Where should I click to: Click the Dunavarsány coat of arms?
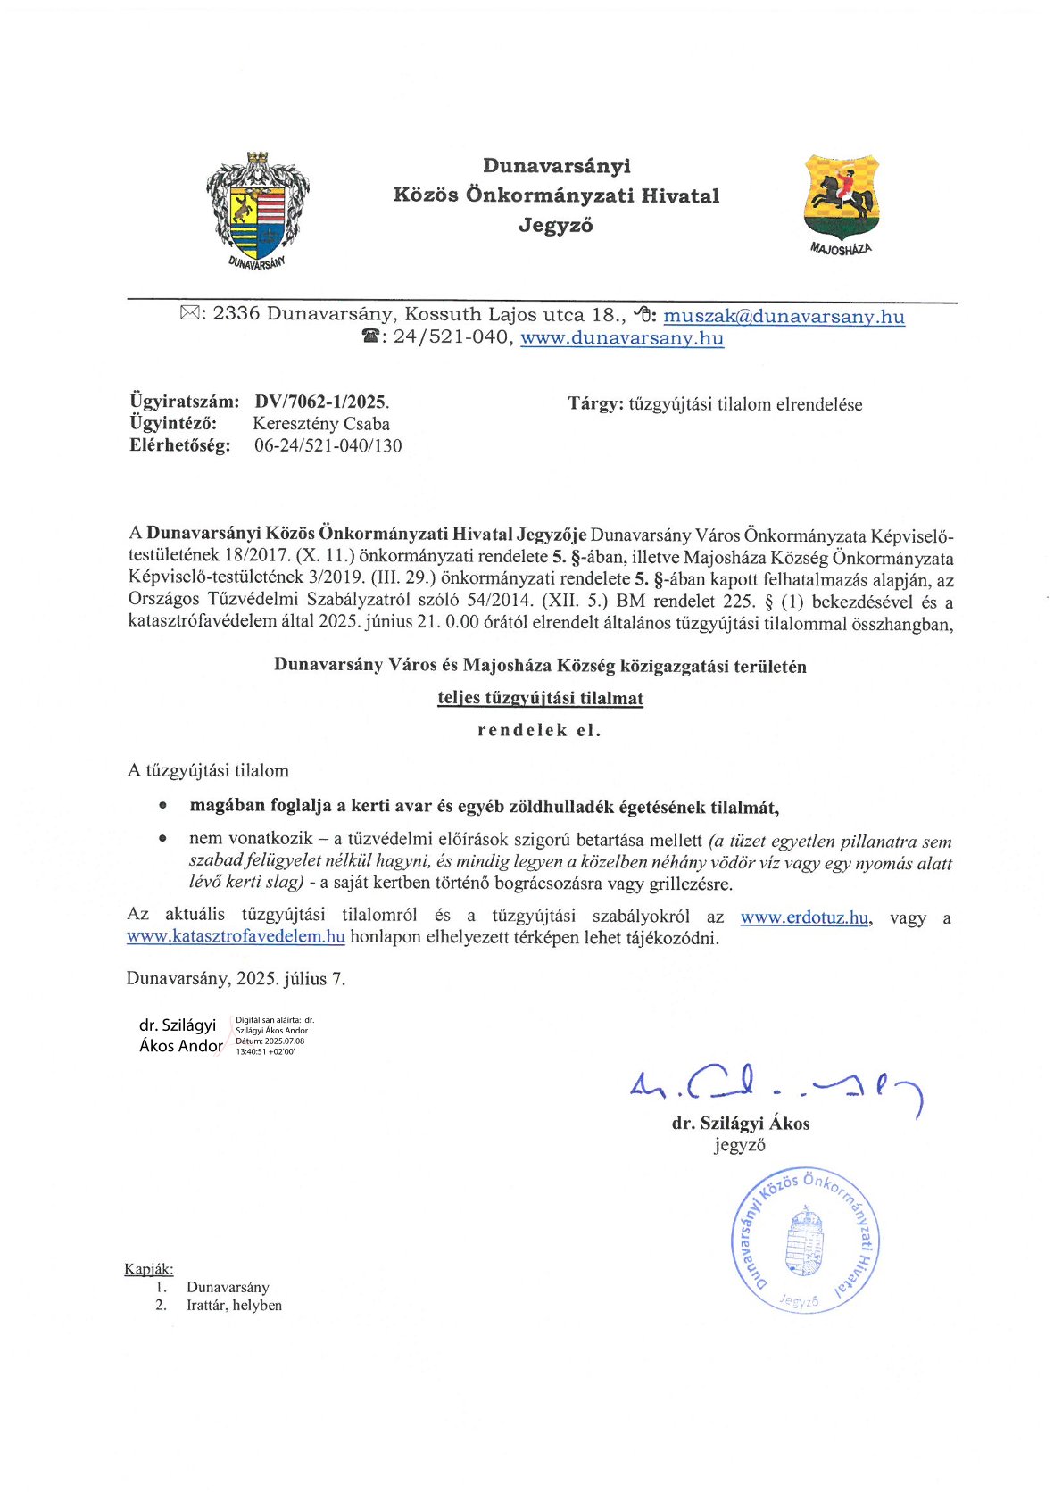point(258,208)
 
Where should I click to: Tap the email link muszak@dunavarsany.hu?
point(784,316)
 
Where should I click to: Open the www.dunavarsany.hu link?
point(622,338)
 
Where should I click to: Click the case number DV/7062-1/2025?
point(321,402)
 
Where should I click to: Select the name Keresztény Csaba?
point(321,424)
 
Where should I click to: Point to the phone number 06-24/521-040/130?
point(328,445)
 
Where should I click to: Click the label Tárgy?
point(595,404)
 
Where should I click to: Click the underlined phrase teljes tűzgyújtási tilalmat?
point(540,698)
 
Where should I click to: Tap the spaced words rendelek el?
point(540,730)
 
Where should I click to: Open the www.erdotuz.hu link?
point(804,917)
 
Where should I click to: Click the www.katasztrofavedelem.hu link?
point(236,937)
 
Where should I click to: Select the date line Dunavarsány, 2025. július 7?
point(236,978)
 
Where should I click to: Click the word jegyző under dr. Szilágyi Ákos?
point(739,1145)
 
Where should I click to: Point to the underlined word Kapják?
point(149,1269)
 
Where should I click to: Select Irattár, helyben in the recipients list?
point(234,1305)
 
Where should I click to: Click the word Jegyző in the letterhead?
point(556,226)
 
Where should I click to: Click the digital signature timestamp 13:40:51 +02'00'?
point(265,1052)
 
